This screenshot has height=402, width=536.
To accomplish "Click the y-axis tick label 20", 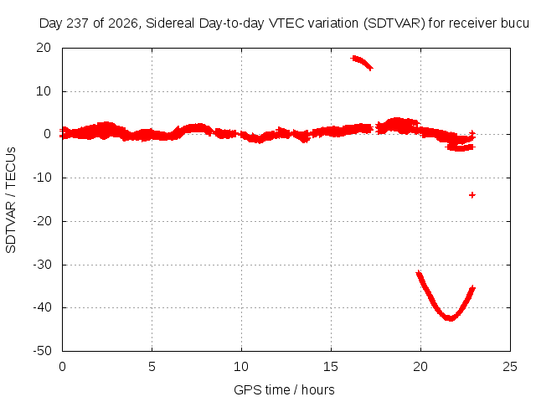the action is coord(44,48).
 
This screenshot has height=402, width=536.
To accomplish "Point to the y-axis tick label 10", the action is coord(44,91).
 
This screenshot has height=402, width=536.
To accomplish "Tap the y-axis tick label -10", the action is coord(42,178).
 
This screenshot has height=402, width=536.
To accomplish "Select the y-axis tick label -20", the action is coord(42,221).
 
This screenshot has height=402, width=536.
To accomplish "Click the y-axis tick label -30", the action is coord(42,265).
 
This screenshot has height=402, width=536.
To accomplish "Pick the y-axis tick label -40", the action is coord(42,307).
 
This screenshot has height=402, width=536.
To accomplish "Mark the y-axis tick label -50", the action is coord(42,351).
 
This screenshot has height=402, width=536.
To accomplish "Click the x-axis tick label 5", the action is coord(152,367).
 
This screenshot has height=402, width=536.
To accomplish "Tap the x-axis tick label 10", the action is coord(241,367).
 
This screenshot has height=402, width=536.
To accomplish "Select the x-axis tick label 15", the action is coord(331,367).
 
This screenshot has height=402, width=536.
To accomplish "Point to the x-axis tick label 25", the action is coord(510,367).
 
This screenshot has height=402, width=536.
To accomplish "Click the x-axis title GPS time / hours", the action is coord(284,390).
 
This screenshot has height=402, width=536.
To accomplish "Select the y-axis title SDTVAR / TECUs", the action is coord(11,200).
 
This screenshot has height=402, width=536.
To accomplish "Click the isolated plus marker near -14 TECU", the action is coord(472,195).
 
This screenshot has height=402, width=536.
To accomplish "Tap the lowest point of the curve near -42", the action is coord(451,319).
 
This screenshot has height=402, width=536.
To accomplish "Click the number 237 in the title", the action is coord(77,23).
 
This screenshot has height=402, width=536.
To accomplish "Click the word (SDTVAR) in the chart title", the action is coord(394,23).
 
